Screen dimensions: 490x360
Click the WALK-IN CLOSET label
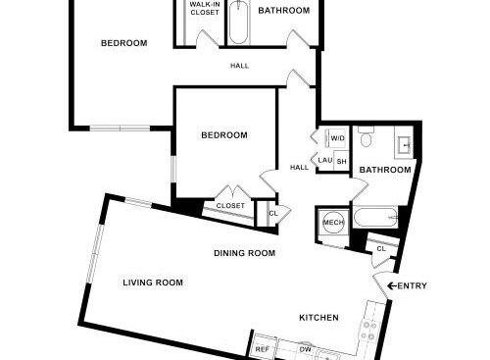point(205,9)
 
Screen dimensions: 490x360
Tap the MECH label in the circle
point(333,223)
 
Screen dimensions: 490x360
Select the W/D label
point(337,138)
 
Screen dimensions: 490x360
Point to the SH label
point(341,162)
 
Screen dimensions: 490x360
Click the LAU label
point(325,160)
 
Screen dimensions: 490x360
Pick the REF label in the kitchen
point(263,349)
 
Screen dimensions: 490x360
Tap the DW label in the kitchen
point(306,349)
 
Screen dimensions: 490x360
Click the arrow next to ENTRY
point(392,285)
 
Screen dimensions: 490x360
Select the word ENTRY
point(412,285)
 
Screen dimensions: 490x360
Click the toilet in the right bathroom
point(366,137)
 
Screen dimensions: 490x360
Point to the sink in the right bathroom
point(405,144)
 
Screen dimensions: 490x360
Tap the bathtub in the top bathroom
point(238,23)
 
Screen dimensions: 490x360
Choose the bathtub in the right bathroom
point(375,217)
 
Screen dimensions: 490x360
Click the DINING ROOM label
point(245,253)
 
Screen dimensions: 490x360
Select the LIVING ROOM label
point(153,283)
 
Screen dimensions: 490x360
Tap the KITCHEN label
point(318,318)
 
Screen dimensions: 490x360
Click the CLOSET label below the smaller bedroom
point(230,206)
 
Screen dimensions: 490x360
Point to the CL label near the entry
point(381,249)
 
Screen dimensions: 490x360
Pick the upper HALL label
point(239,66)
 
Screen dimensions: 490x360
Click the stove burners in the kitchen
point(367,331)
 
